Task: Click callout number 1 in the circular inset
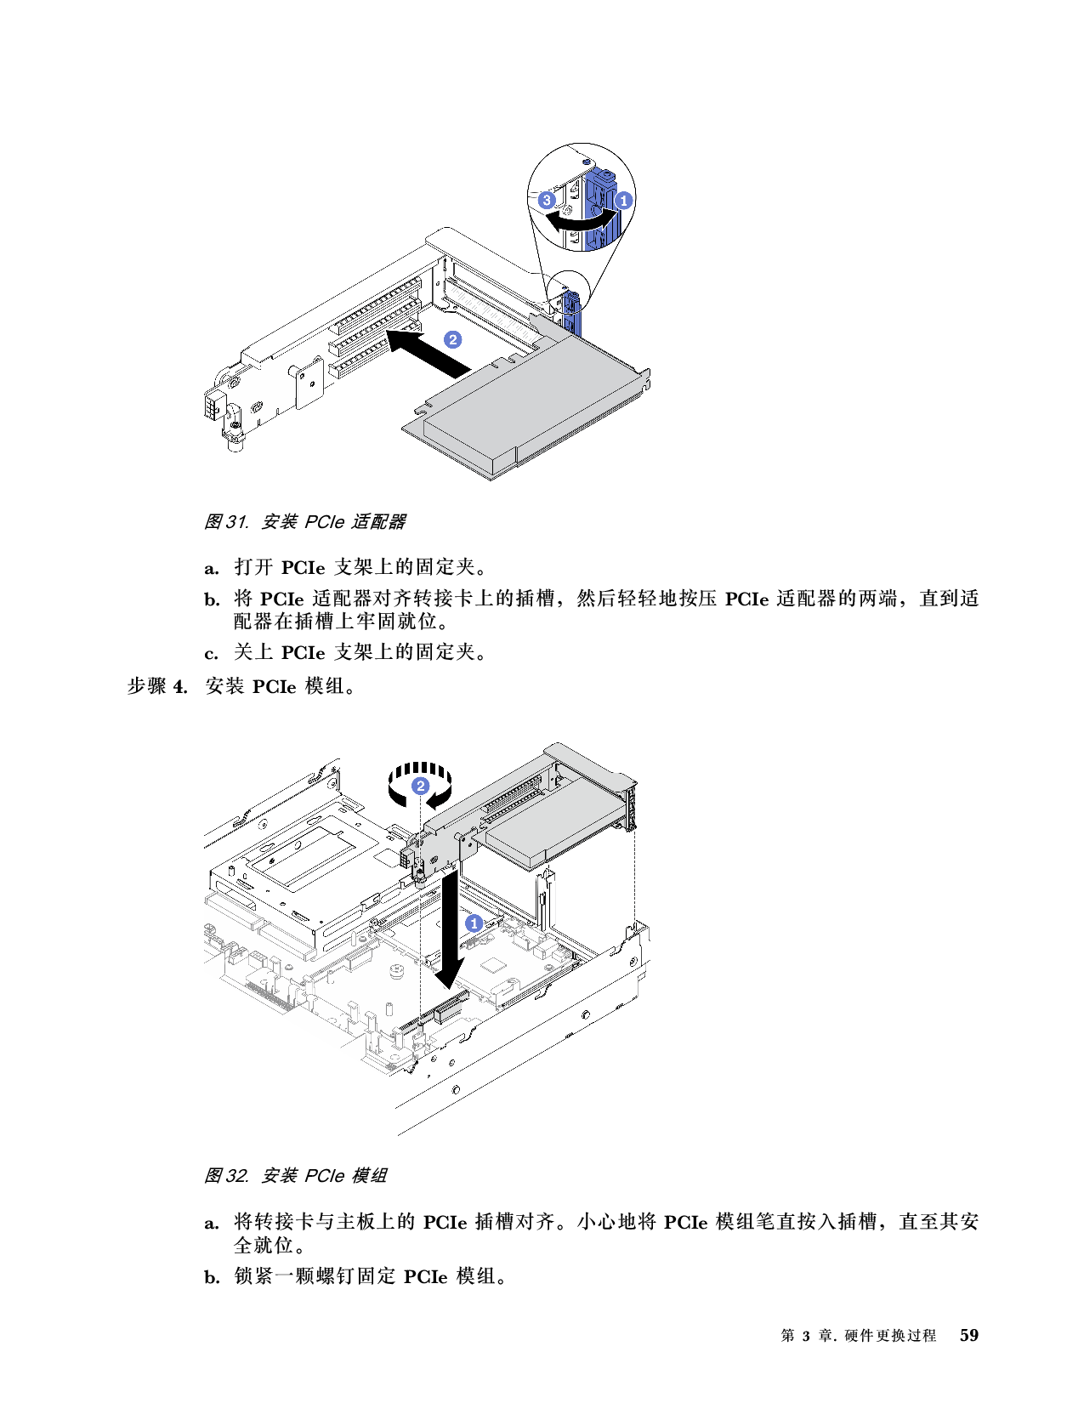click(623, 201)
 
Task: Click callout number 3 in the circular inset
click(548, 201)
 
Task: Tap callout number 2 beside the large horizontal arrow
click(453, 339)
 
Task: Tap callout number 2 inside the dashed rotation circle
click(420, 786)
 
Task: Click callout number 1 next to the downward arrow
click(474, 923)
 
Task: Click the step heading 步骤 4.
click(156, 686)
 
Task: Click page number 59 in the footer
click(968, 1335)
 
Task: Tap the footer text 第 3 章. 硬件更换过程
click(858, 1336)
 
